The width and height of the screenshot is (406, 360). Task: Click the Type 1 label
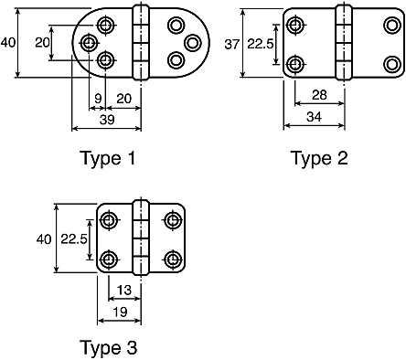[x=107, y=158]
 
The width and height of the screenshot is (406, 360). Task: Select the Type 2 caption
[x=319, y=158]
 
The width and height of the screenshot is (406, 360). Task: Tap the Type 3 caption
[x=109, y=347]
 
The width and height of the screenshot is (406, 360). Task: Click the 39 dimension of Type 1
[x=107, y=120]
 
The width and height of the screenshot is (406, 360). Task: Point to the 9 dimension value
[x=98, y=99]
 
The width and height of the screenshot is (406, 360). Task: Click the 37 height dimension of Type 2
[x=232, y=45]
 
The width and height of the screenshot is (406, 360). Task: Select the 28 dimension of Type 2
[x=319, y=95]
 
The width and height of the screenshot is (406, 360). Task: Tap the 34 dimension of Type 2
[x=314, y=117]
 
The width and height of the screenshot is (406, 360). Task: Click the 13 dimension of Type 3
[x=123, y=290]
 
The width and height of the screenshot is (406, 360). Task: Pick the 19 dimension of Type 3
[x=120, y=312]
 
